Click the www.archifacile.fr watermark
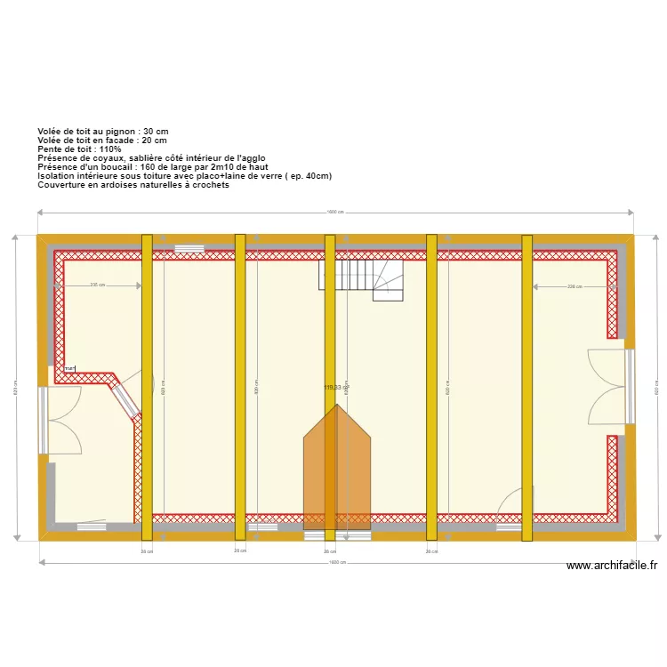coord(611,566)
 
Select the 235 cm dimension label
coord(98,285)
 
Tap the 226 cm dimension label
coord(574,286)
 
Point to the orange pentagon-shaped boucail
coord(337,471)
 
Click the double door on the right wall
coord(610,387)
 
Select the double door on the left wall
coord(61,421)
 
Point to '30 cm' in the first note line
coord(155,132)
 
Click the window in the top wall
coord(188,248)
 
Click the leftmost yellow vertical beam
coord(147,387)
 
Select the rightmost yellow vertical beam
coord(526,387)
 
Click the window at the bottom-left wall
coord(91,526)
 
